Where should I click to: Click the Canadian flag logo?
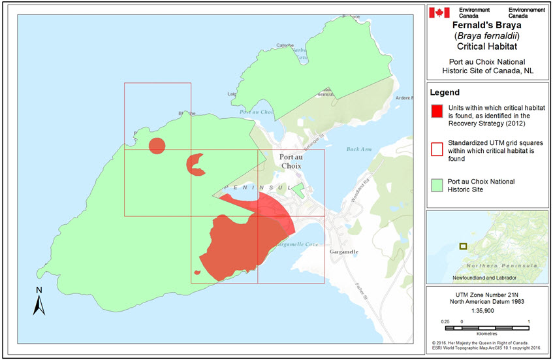pos(439,12)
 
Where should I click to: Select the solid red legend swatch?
pos(438,110)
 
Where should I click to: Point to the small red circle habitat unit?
pos(157,146)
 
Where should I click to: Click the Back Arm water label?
pos(358,150)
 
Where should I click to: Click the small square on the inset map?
pos(463,246)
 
